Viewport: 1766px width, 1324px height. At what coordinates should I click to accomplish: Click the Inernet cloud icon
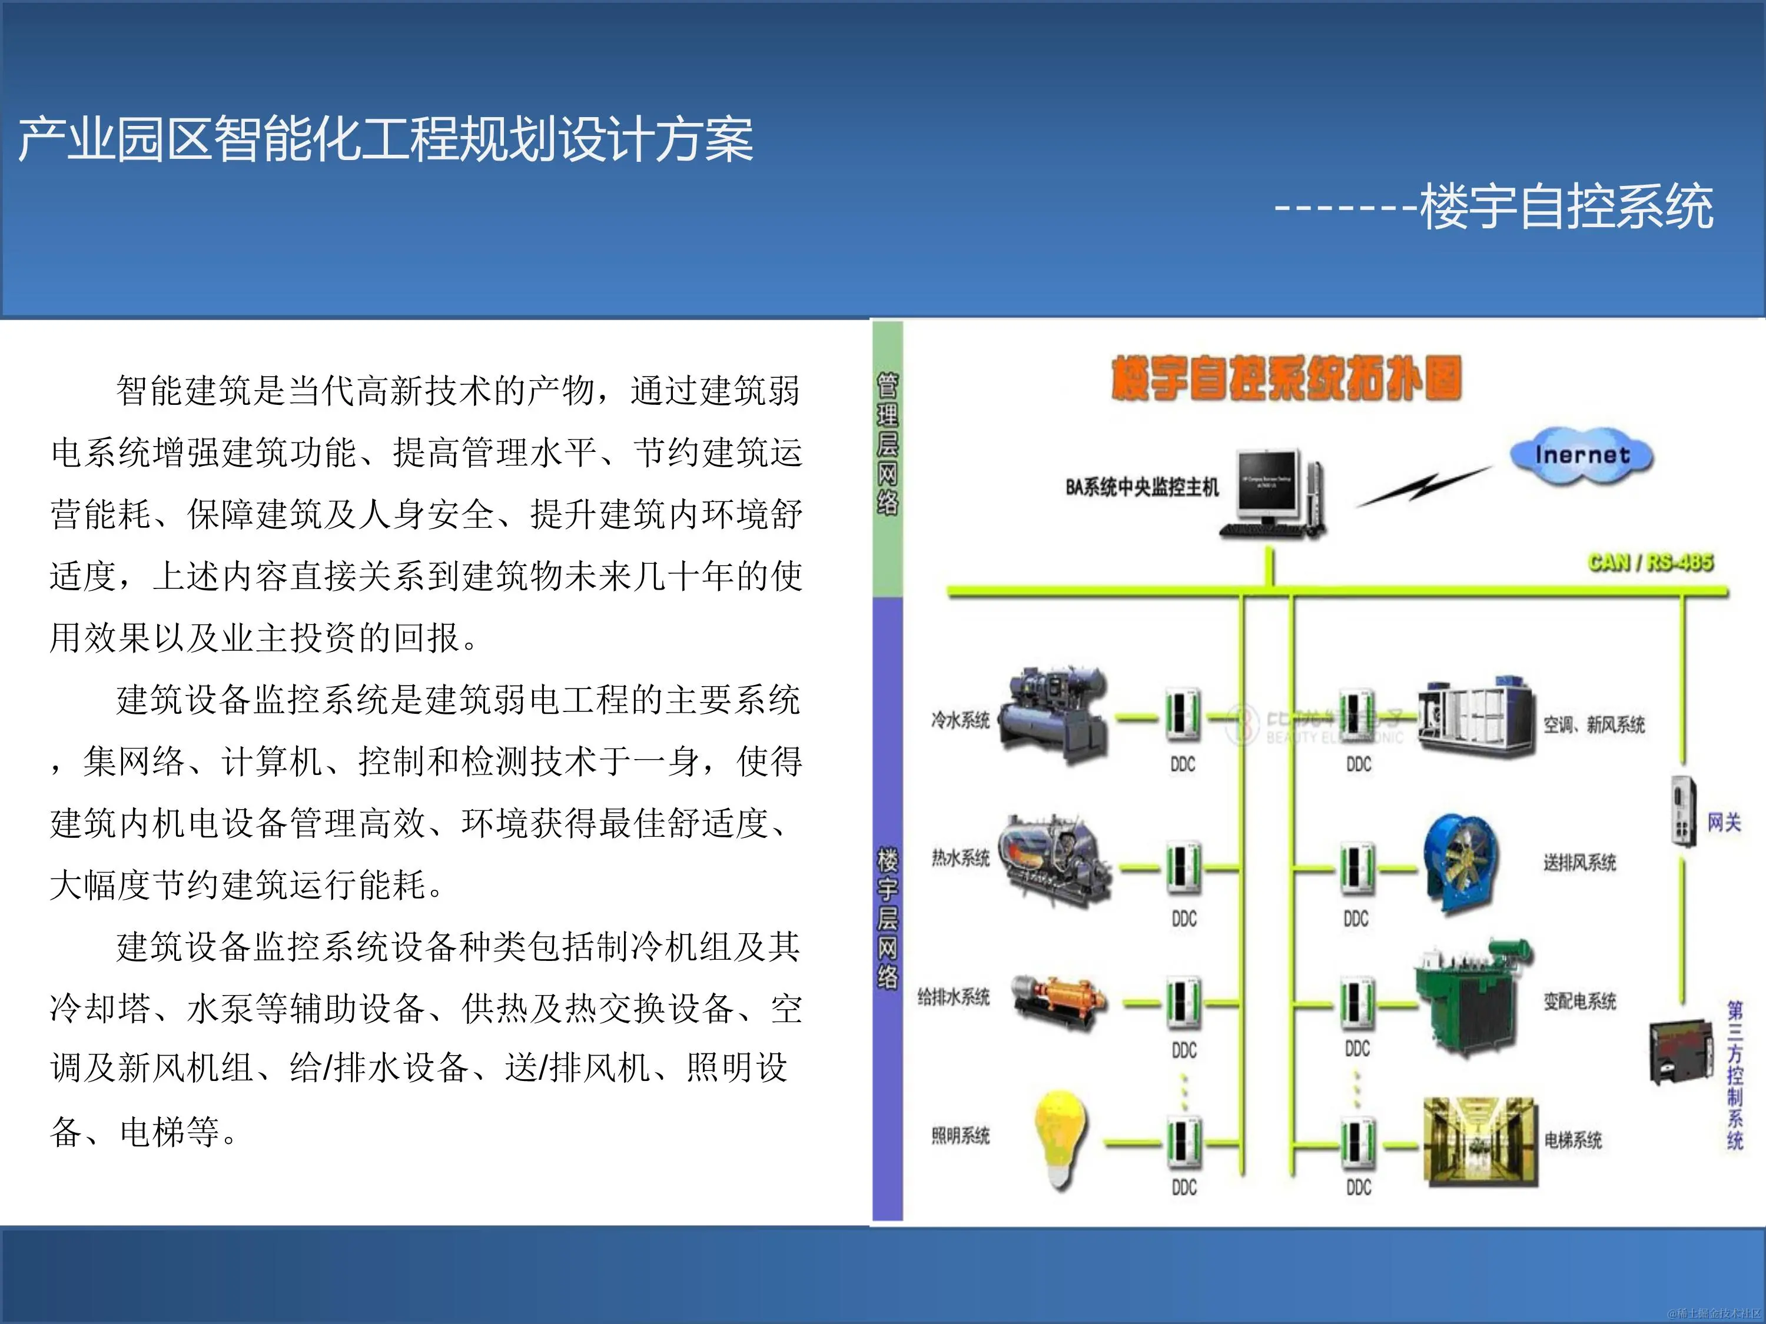[1581, 455]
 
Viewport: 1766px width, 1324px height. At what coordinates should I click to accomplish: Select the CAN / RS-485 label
[1649, 563]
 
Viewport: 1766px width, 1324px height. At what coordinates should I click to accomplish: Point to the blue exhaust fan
[1461, 863]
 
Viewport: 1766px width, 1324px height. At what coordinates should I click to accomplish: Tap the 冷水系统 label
[960, 720]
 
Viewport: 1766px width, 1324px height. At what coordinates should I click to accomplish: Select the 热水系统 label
[960, 859]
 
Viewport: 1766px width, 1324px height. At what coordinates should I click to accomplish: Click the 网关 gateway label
[1724, 822]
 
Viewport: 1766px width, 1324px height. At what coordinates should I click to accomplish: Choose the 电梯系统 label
[1573, 1140]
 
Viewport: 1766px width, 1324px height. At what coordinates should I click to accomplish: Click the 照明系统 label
[960, 1136]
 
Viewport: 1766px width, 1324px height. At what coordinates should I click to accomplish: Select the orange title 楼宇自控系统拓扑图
[1286, 378]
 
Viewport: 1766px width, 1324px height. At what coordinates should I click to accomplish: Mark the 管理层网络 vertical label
[887, 444]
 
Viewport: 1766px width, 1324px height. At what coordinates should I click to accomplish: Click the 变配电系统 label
[1579, 1002]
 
